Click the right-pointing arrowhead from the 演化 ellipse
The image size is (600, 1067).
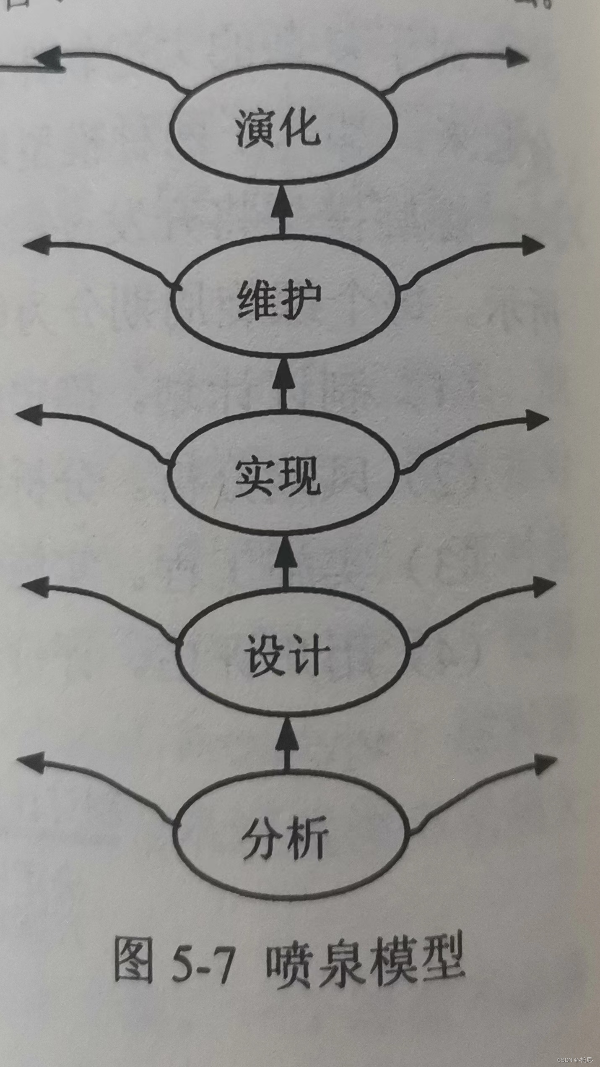coord(516,57)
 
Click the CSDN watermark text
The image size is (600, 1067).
coord(574,1058)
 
